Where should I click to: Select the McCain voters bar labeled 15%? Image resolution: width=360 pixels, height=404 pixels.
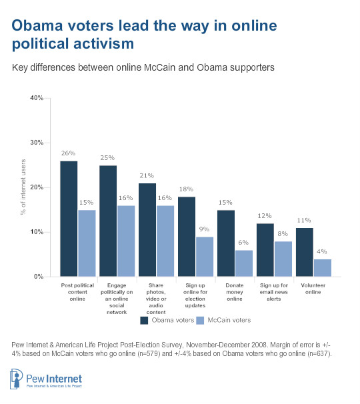click(87, 243)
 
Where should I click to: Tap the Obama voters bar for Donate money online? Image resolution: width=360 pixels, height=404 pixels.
click(226, 243)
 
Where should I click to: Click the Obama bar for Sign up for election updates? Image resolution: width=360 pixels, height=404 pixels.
click(187, 237)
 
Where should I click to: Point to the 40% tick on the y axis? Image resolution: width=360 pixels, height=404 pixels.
click(37, 98)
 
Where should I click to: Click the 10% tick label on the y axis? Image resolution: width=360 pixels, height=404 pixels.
click(37, 232)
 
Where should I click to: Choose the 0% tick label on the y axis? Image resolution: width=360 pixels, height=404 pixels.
click(39, 277)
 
